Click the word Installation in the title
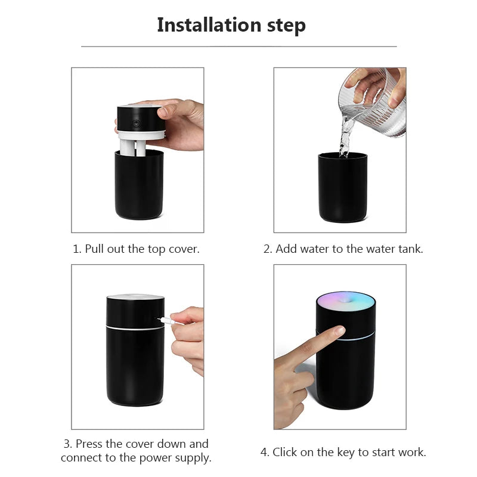click(209, 25)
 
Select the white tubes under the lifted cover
click(135, 146)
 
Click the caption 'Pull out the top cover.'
click(136, 249)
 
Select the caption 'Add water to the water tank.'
click(343, 249)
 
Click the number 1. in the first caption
click(77, 249)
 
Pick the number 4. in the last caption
click(265, 453)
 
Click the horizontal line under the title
click(238, 47)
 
